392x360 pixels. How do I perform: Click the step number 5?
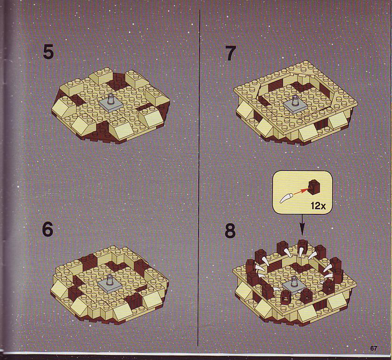tap(48, 52)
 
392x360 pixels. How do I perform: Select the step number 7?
tap(230, 53)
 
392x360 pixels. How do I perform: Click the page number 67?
tap(374, 348)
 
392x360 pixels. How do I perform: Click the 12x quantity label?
tap(318, 206)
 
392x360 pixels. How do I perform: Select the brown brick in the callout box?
tap(314, 186)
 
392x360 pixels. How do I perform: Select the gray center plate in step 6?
tap(110, 284)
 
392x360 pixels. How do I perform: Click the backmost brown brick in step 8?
tap(302, 244)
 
